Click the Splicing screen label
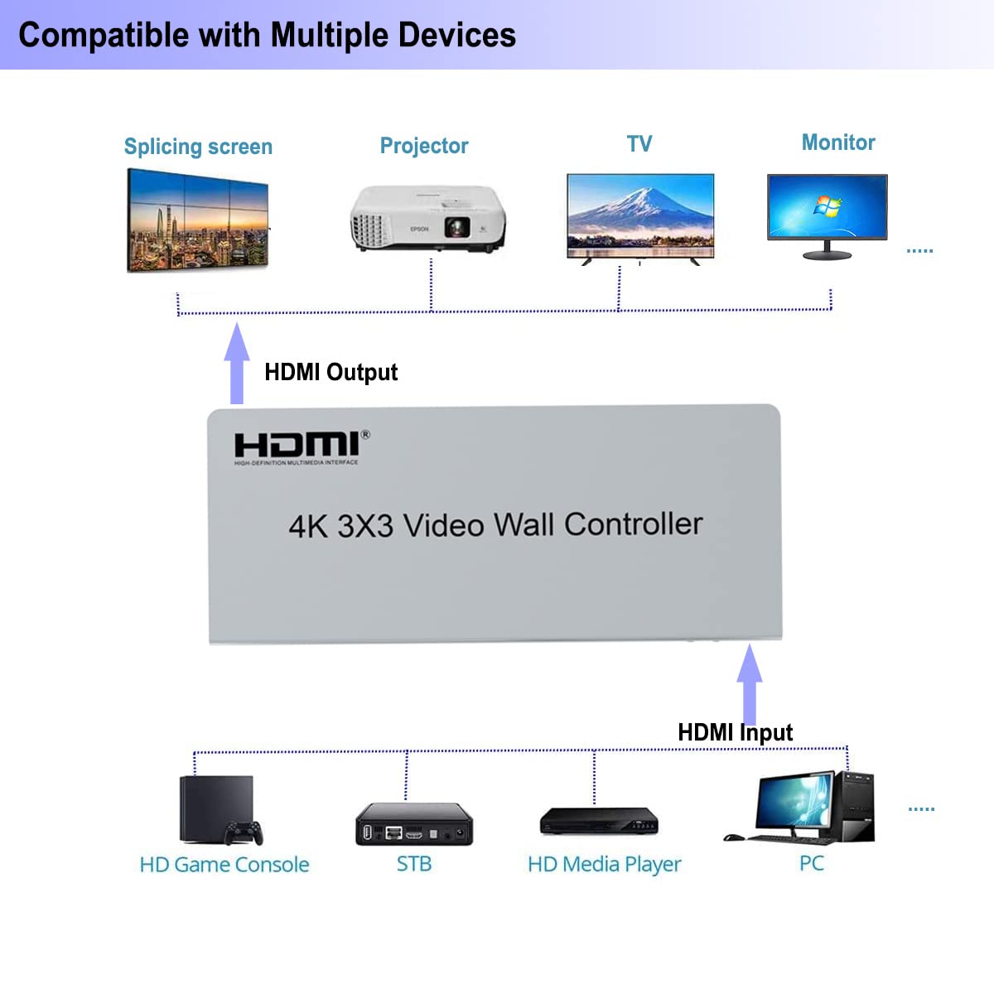(198, 147)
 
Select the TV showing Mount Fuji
(639, 217)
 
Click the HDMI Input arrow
(750, 684)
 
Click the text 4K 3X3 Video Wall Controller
(495, 525)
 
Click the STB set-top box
(414, 823)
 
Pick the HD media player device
(599, 821)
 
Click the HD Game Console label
(224, 865)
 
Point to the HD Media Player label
(604, 865)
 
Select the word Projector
(424, 146)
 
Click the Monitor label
(838, 142)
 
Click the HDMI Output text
(331, 372)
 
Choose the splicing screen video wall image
(198, 220)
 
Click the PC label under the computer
(812, 863)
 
